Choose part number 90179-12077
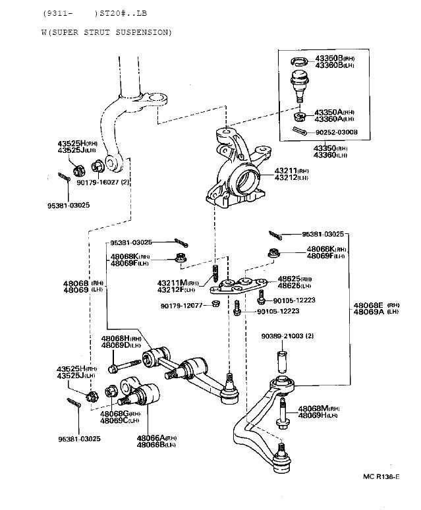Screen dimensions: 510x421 [x=180, y=305]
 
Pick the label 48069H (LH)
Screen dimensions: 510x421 [x=318, y=415]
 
